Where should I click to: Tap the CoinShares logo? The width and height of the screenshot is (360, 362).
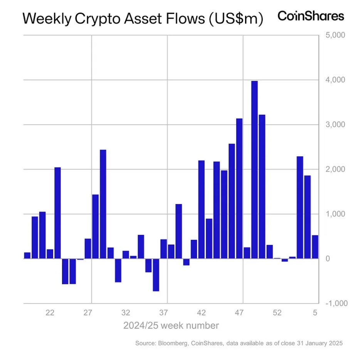tap(311, 16)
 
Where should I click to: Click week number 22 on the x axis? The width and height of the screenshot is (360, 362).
tap(50, 313)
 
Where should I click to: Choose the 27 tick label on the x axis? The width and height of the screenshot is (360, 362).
tap(87, 313)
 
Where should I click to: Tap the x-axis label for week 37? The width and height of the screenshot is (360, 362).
tap(163, 313)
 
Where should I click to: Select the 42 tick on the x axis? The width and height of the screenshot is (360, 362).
tap(201, 313)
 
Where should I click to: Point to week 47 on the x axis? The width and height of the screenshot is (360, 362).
tap(239, 313)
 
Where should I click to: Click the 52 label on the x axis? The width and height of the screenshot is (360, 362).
tap(277, 313)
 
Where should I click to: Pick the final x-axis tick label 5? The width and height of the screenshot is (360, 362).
tap(315, 313)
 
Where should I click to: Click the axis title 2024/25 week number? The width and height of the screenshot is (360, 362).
tap(171, 326)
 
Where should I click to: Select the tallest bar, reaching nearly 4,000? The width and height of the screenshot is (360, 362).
tap(254, 169)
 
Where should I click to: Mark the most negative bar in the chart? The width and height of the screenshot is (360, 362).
tap(156, 275)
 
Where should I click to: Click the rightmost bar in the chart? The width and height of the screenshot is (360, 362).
tap(315, 247)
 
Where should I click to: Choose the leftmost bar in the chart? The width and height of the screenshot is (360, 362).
tap(27, 255)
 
